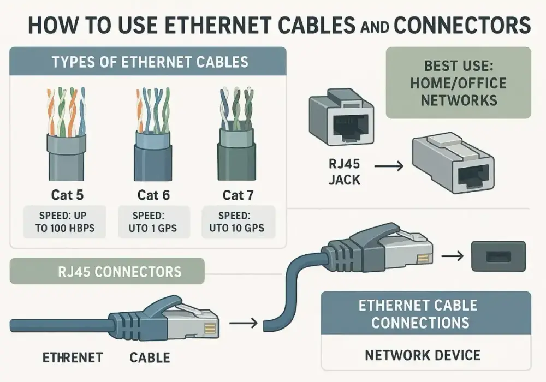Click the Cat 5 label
[67, 195]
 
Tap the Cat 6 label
[153, 195]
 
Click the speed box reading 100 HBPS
[65, 222]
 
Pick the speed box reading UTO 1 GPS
[154, 222]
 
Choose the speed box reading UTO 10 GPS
[238, 222]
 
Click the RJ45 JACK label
[345, 171]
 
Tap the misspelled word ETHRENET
[73, 357]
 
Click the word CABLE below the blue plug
[150, 357]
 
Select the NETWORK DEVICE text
[423, 355]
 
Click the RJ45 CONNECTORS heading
[120, 272]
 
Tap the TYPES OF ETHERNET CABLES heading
[150, 62]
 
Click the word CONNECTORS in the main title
[462, 25]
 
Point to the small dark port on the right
[498, 256]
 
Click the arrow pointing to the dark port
[452, 256]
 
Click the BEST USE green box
[459, 83]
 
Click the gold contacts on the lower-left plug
[210, 329]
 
